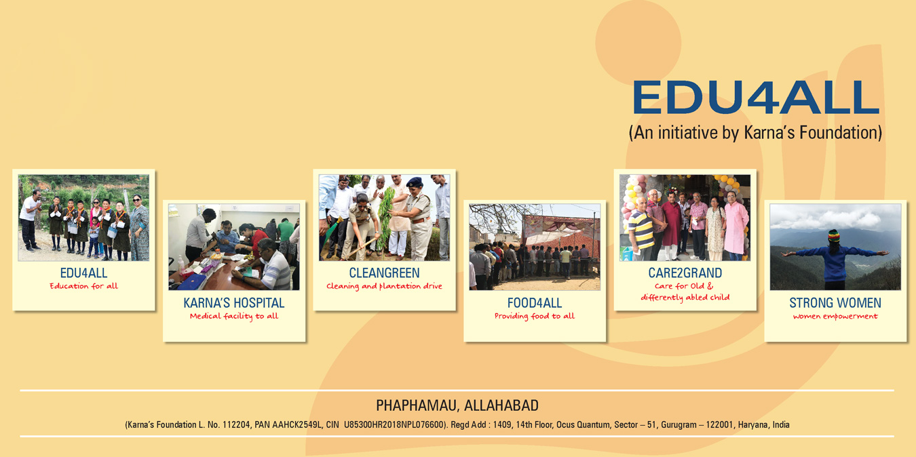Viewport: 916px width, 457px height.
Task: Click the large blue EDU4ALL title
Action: point(756,96)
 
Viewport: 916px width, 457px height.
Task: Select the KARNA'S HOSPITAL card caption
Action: point(234,303)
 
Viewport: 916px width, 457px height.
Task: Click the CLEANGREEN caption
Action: point(384,273)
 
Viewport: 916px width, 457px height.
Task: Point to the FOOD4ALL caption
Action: point(535,303)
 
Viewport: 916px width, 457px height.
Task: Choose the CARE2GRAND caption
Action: point(685,273)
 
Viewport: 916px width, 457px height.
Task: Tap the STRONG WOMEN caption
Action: point(835,303)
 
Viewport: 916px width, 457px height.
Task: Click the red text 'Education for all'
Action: point(84,286)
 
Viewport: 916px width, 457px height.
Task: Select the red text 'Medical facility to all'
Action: point(234,316)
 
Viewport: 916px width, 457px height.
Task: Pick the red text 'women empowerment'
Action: point(835,317)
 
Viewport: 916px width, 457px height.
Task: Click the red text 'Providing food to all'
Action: point(535,316)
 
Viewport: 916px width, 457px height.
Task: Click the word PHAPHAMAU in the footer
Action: point(417,405)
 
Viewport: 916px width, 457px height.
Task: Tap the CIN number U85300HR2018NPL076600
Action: point(394,424)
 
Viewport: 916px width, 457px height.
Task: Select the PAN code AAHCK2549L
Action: point(295,424)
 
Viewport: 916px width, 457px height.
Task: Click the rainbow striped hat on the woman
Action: point(834,236)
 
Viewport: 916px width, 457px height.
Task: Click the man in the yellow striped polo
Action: point(641,229)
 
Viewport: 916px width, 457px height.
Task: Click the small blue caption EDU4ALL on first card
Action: point(84,273)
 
